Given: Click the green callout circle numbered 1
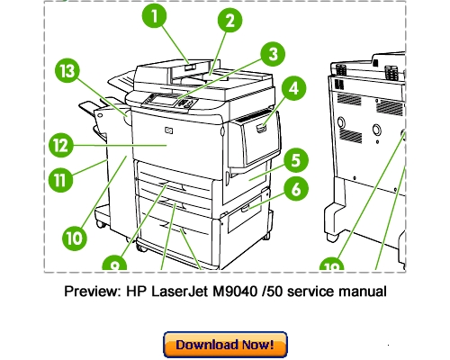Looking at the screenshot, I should pos(157,17).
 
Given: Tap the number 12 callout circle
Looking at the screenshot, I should pos(59,145).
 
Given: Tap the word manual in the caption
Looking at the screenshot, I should pos(364,292).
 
